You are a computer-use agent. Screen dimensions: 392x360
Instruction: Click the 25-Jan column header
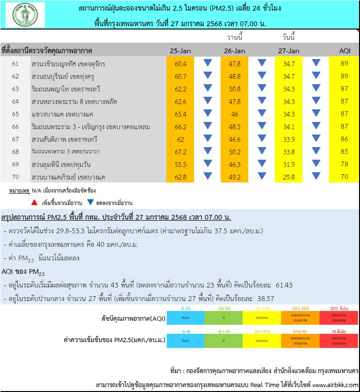point(180,51)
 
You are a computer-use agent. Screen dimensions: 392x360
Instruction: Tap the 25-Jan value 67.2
point(180,152)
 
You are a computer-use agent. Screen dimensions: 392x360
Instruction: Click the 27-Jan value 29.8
point(289,177)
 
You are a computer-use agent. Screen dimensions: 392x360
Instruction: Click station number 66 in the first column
point(15,127)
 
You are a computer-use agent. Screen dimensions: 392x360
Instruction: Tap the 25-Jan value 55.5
point(180,165)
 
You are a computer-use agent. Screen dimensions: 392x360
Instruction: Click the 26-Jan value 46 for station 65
point(234,114)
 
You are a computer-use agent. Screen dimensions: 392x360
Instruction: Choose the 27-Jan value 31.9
point(289,165)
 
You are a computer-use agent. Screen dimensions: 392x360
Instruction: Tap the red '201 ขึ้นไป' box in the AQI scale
point(338,317)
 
